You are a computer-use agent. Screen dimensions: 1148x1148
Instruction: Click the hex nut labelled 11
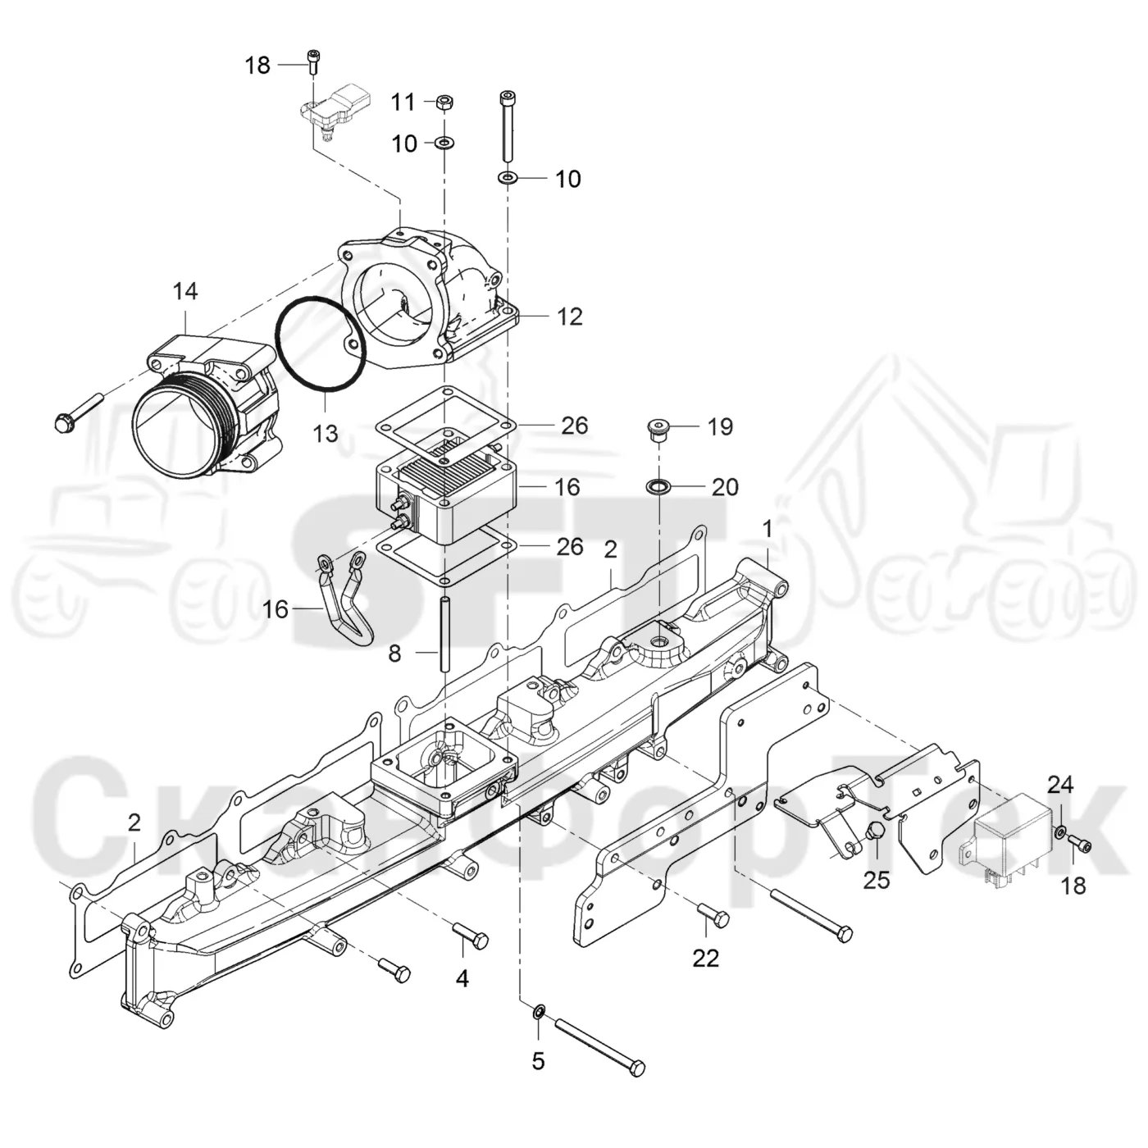(444, 102)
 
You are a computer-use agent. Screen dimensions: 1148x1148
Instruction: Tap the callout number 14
(185, 292)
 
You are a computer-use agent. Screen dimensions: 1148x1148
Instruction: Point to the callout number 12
(570, 317)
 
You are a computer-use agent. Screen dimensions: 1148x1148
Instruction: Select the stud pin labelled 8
(445, 635)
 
